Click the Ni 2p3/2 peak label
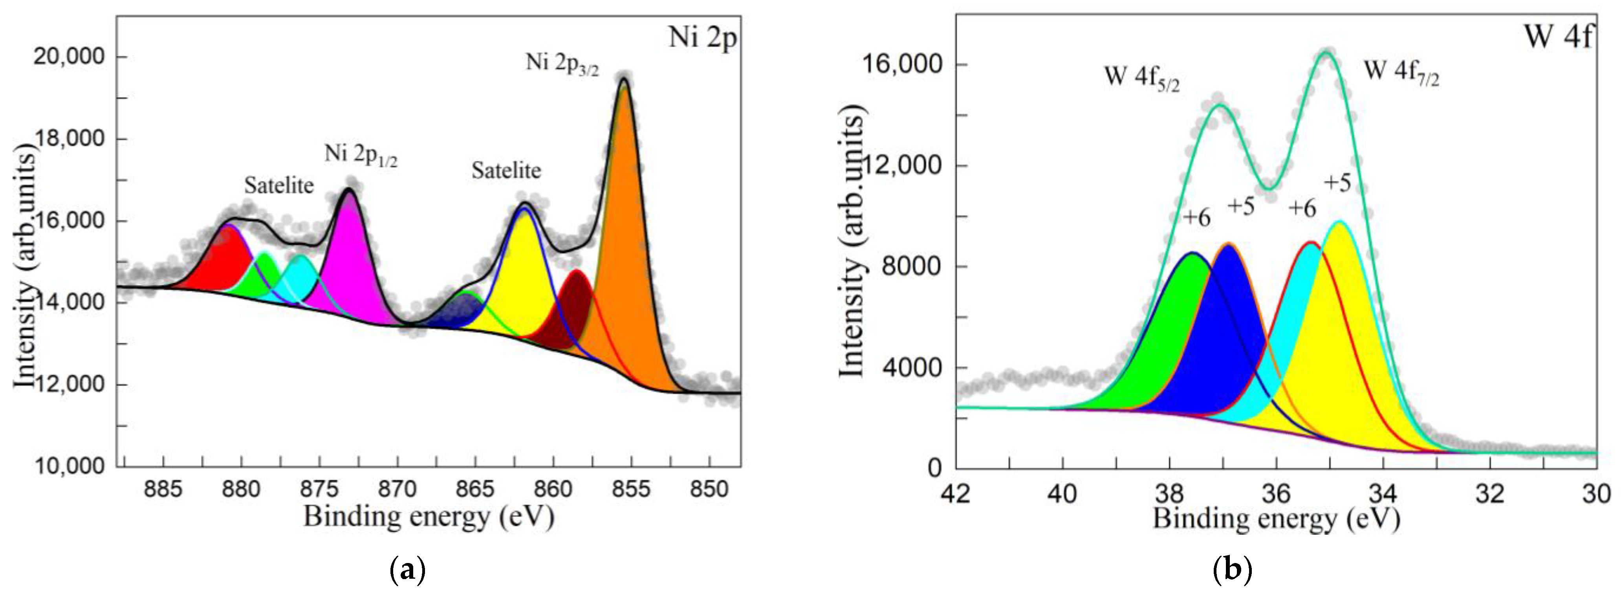tap(562, 64)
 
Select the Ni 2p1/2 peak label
tap(361, 155)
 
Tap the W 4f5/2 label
tap(1142, 78)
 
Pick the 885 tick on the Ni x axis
tap(163, 488)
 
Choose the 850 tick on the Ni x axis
tap(709, 488)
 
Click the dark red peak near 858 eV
tap(575, 309)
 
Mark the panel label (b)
tap(1232, 570)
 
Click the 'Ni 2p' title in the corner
tap(702, 38)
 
